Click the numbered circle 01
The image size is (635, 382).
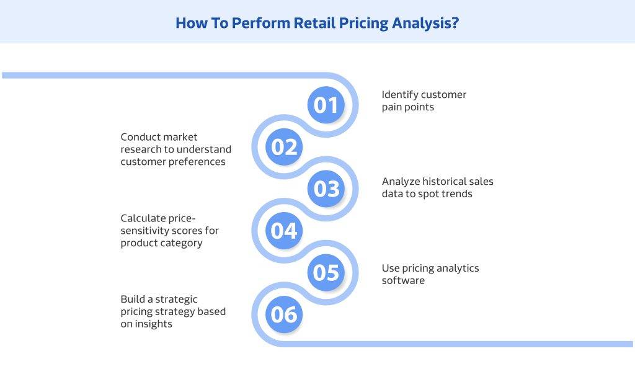pos(326,105)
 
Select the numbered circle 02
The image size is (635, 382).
pos(284,147)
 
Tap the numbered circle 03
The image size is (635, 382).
pos(326,189)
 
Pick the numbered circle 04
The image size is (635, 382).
pos(284,231)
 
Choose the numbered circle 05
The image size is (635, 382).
pos(326,272)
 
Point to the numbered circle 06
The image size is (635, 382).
pos(284,314)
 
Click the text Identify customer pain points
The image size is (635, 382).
pos(424,101)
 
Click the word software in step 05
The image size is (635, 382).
pos(403,281)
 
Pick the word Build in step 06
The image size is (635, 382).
pos(133,300)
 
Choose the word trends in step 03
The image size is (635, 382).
pos(456,194)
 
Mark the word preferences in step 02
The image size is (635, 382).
pos(198,162)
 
